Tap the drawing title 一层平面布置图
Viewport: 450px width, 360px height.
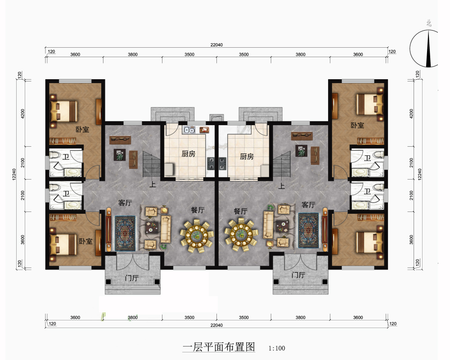pos(219,347)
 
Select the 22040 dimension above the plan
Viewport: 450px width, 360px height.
pos(217,45)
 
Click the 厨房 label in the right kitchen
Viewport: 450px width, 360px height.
pos(247,157)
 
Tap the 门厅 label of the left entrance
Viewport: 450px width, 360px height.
pos(131,278)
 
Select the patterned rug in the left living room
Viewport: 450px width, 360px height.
pos(125,233)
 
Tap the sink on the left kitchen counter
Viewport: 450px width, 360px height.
pos(189,130)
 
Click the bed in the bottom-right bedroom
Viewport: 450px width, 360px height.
pos(368,241)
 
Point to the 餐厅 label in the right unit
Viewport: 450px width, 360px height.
pos(241,211)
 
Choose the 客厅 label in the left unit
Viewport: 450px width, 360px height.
pos(125,203)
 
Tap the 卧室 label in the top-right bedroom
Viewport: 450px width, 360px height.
pos(358,126)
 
